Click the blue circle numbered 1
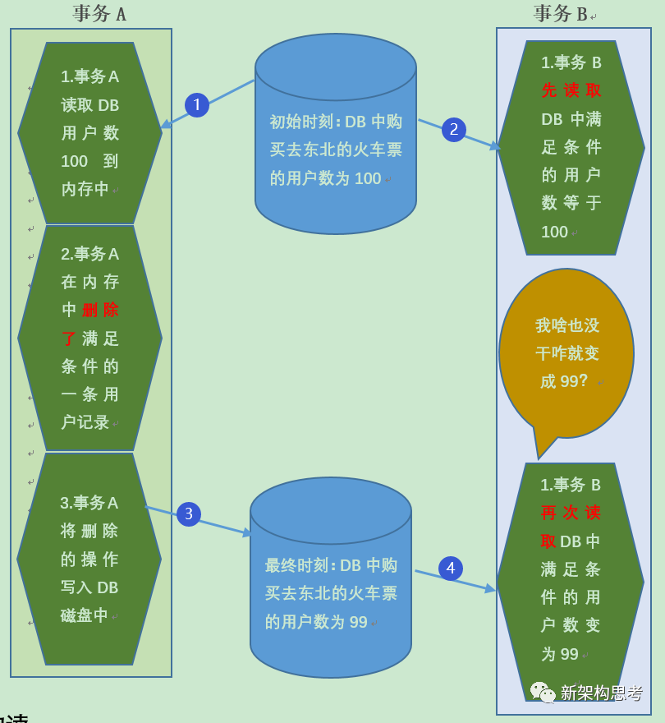coord(197,105)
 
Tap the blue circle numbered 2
coord(454,130)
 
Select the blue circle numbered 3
coord(189,514)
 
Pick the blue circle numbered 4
coord(451,569)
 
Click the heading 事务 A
coord(99,13)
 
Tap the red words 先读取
coord(571,90)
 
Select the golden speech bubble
coord(566,353)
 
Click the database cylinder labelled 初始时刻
coord(336,136)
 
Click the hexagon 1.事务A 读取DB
coord(90,133)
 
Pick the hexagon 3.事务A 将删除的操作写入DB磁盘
coord(89,559)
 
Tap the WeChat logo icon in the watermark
coord(543,693)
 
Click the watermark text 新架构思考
coord(602,693)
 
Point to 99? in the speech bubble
coord(575,381)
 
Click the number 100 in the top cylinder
coord(368,178)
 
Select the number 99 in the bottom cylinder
coord(358,622)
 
